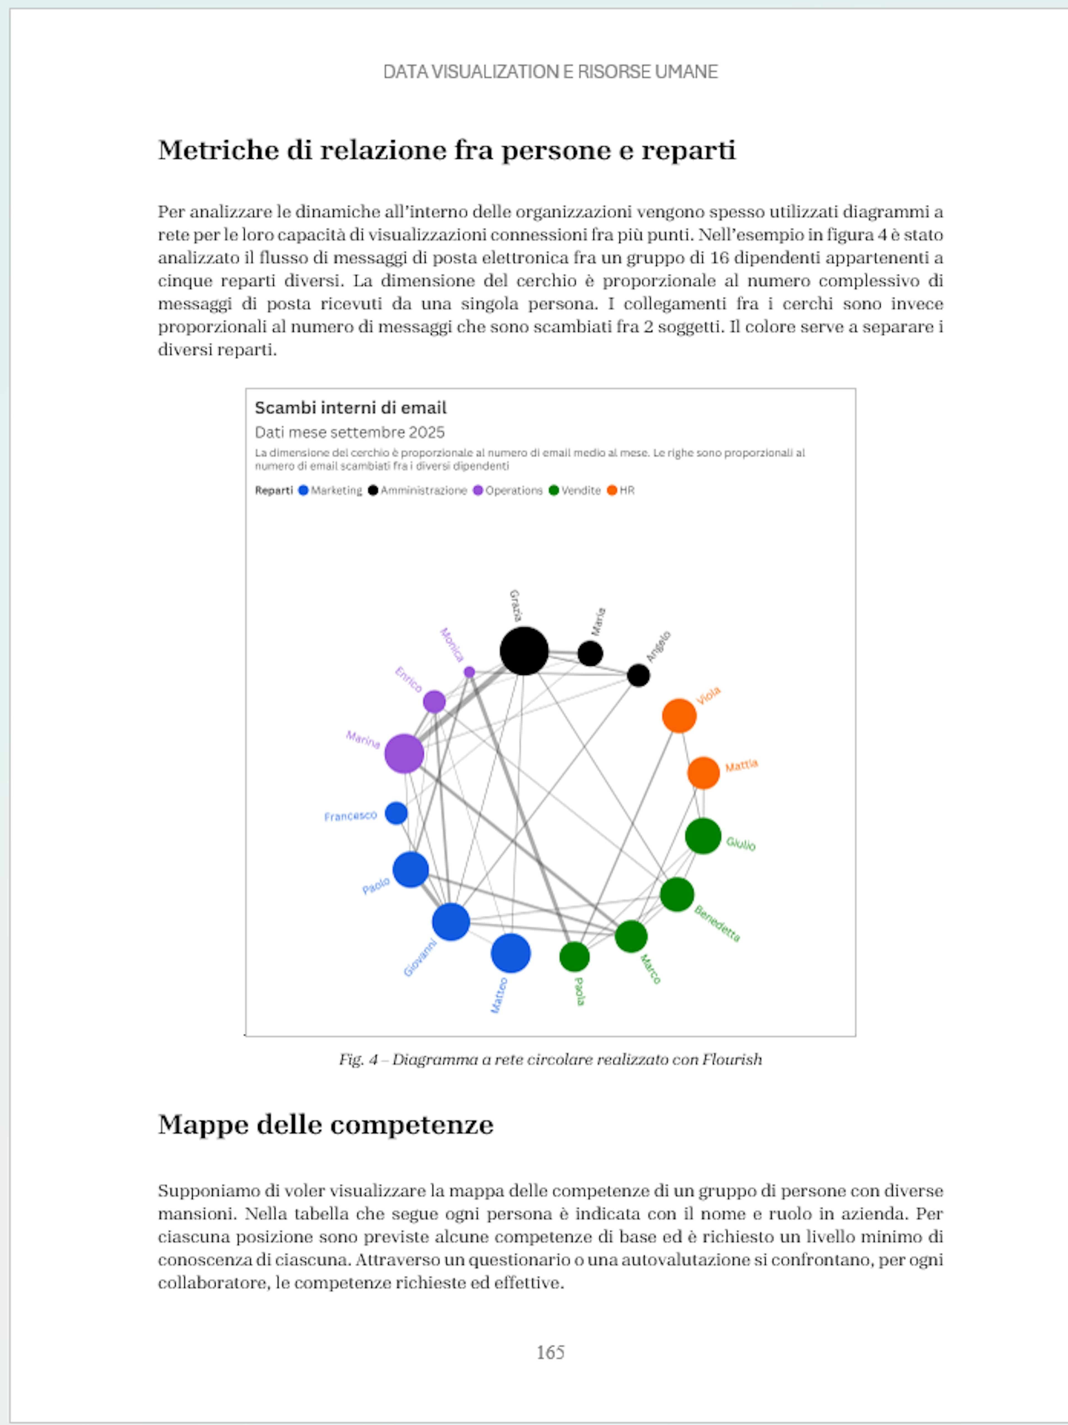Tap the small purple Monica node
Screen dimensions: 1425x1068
(469, 672)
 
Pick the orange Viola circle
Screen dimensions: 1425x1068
(679, 716)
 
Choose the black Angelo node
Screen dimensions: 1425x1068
(638, 675)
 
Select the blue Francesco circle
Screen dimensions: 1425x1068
(396, 813)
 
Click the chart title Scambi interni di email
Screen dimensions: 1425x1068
(350, 408)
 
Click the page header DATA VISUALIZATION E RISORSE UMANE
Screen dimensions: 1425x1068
(550, 71)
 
